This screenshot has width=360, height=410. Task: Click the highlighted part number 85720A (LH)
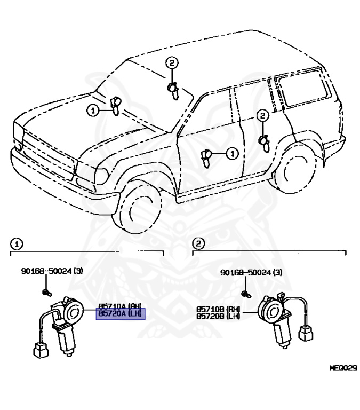(x=120, y=314)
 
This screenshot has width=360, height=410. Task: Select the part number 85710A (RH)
(x=120, y=307)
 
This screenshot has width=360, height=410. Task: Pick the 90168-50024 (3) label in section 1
(x=52, y=271)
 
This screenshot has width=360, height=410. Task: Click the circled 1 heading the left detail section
(x=17, y=244)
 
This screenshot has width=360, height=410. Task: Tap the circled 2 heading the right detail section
(x=198, y=244)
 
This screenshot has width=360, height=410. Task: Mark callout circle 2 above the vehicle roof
(x=171, y=64)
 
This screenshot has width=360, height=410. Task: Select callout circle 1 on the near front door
(x=231, y=154)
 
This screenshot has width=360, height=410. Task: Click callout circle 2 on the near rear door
(x=262, y=115)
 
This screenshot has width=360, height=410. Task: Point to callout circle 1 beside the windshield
(x=93, y=111)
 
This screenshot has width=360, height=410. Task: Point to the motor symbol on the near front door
(x=206, y=155)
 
